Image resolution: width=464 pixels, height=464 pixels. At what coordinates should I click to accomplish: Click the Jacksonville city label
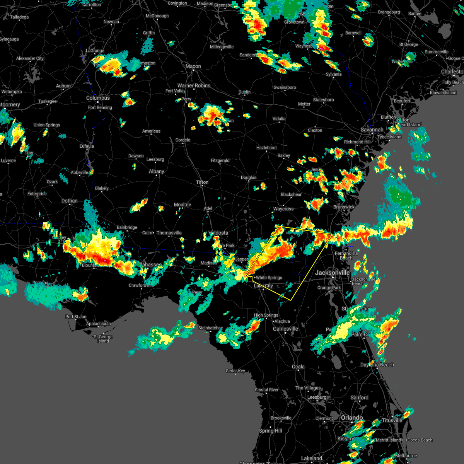(332, 273)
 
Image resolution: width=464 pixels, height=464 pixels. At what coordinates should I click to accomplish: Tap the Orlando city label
(352, 418)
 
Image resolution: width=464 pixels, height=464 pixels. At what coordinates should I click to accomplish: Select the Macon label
(193, 66)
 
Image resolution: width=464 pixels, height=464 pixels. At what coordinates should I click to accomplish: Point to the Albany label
(157, 171)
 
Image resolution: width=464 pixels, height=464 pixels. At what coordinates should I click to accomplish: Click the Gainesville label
(285, 329)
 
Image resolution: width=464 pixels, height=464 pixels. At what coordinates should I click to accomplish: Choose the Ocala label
(298, 367)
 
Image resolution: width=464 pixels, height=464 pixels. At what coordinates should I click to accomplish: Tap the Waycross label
(283, 209)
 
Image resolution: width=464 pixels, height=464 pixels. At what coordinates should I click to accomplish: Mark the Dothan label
(70, 201)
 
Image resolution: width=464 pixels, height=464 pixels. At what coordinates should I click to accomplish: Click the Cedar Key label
(235, 371)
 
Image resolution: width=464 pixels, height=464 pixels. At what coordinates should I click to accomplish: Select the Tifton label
(202, 182)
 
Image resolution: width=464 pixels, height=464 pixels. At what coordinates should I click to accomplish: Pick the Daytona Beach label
(377, 365)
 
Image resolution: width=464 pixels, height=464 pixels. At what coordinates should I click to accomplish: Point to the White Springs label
(269, 278)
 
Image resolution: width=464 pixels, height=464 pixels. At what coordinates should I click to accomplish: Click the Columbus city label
(98, 98)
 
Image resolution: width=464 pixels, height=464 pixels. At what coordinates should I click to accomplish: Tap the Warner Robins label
(194, 85)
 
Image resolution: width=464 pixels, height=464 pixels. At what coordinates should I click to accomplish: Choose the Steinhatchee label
(210, 328)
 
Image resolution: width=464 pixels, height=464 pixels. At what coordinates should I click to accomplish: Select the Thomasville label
(169, 233)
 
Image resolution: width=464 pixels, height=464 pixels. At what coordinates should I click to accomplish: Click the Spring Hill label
(271, 431)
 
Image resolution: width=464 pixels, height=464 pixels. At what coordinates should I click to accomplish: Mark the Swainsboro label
(285, 87)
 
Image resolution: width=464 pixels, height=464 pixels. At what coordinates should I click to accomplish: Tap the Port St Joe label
(76, 317)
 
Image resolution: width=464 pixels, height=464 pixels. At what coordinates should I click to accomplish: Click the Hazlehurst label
(266, 148)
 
